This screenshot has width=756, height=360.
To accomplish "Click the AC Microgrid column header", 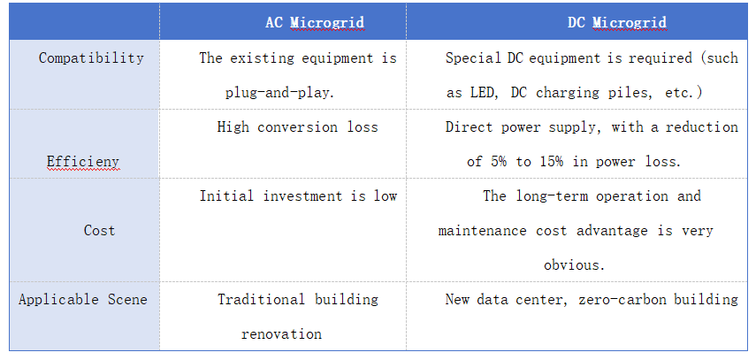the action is (x=315, y=22).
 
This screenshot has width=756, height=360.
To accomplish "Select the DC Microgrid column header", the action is (x=616, y=22).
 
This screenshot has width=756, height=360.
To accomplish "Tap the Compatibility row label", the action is (x=91, y=57).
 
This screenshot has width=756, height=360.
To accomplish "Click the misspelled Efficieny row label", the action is (x=83, y=162).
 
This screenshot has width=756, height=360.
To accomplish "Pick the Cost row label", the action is (x=99, y=230).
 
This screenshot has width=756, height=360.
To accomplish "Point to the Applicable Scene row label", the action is (x=82, y=299).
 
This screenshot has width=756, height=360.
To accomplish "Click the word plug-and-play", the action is (x=279, y=92).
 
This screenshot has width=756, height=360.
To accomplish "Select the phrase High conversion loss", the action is (x=297, y=126).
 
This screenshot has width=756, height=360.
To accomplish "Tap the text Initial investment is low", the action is (x=298, y=196).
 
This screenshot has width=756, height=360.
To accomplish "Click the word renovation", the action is (x=281, y=334).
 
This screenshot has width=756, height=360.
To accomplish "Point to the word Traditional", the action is (x=261, y=299).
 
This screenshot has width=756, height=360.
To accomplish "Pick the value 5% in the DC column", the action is (x=499, y=162).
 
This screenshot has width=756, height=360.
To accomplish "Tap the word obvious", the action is (x=574, y=265).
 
